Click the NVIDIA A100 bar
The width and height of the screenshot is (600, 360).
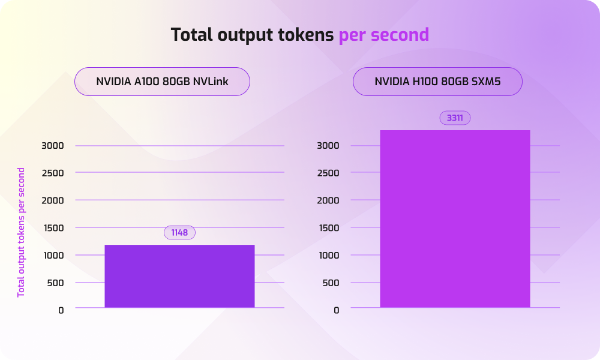pos(179,276)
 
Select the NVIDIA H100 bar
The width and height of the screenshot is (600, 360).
pos(455,219)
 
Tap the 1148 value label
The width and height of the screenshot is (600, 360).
pos(180,233)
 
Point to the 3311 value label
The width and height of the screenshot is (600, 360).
pos(455,118)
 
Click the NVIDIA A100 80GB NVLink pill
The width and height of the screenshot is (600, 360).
pos(162,82)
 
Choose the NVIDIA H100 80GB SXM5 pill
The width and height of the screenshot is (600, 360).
pos(437,82)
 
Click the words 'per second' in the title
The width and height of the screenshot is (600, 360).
pos(384,35)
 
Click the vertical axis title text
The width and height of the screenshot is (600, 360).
pos(21,232)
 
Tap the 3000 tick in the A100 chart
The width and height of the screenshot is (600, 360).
pos(52,145)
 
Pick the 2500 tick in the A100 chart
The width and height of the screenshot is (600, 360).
pos(52,173)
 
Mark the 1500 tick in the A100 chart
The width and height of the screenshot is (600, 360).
pos(52,227)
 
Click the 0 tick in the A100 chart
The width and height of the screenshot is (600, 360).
pos(61,310)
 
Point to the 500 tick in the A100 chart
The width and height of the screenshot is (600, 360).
pos(55,283)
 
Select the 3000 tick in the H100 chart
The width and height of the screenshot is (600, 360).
pos(328,145)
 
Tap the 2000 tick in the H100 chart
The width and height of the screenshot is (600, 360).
pos(328,200)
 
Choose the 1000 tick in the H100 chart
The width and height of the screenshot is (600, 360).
pos(328,255)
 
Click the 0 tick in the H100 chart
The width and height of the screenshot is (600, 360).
pos(337,310)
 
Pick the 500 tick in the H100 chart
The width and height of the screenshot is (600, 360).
pos(331,283)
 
